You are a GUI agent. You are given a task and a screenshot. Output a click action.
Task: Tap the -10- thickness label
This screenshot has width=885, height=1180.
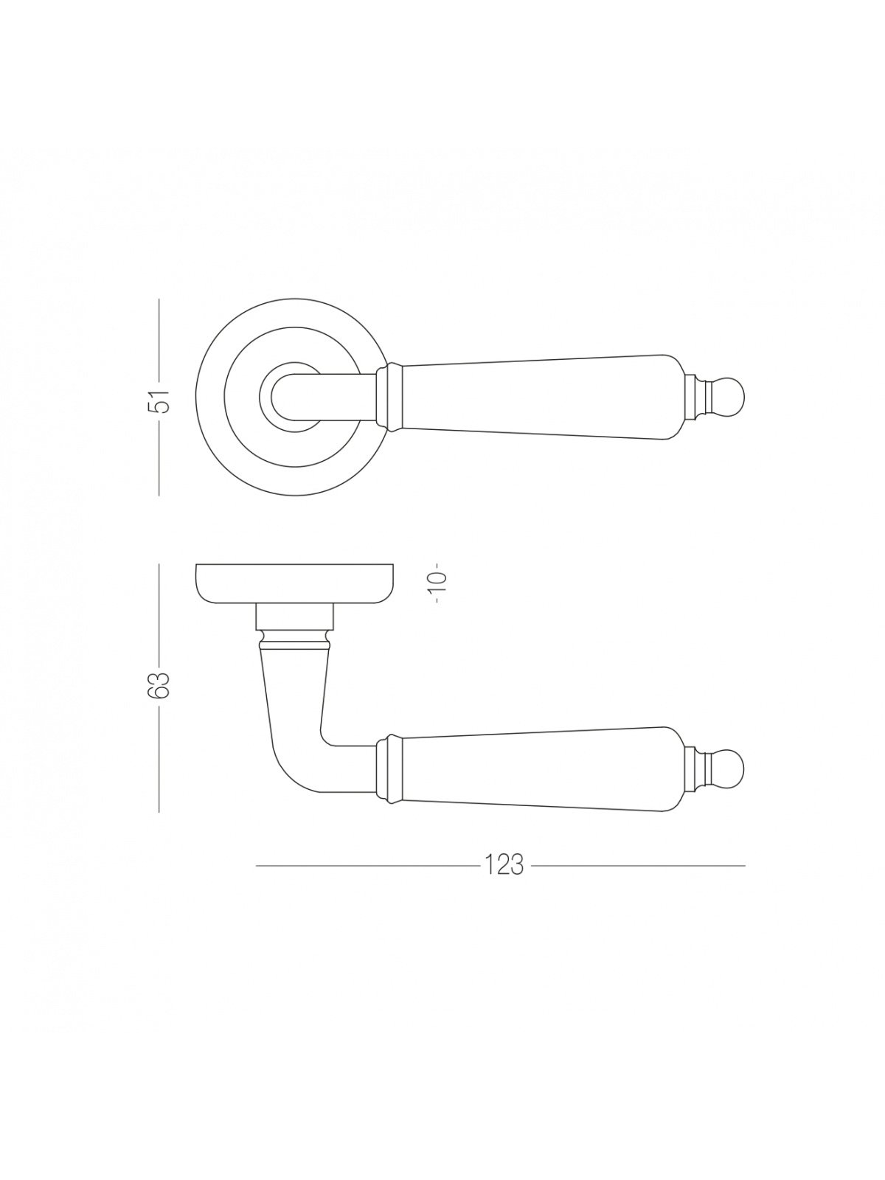(x=439, y=583)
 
